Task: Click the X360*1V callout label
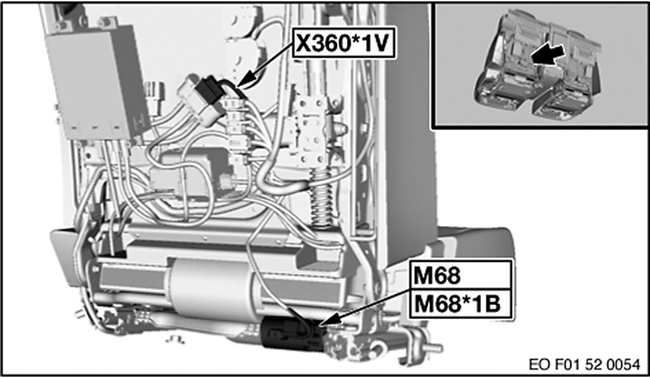click(343, 43)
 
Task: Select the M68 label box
click(461, 275)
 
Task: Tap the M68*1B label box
click(461, 304)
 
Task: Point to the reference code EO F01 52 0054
click(584, 364)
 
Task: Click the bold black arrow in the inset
click(548, 55)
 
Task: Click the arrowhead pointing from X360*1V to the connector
click(247, 80)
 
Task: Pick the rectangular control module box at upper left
click(97, 83)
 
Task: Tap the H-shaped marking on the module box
click(139, 123)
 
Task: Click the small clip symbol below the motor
click(175, 339)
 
